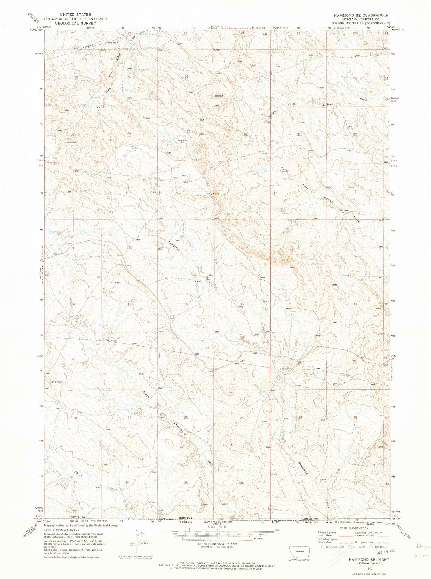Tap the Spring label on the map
click(219, 96)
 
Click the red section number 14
click(186, 304)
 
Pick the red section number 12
click(243, 248)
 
